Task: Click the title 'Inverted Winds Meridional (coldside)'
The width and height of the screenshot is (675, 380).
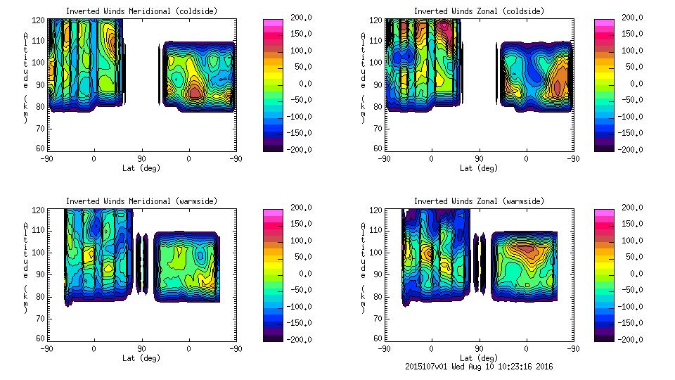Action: pos(141,11)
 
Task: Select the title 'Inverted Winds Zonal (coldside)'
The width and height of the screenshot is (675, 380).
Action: pos(479,11)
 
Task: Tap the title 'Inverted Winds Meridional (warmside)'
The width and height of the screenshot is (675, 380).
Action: pos(141,201)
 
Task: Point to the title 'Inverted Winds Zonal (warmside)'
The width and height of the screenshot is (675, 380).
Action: pos(479,201)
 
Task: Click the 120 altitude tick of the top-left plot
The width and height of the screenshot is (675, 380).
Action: pos(41,20)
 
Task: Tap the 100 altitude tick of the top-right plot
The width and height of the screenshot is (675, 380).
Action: pos(378,63)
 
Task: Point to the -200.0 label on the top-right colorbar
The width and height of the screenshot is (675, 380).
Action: pos(625,149)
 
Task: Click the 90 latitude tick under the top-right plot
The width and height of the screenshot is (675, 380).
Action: pos(479,158)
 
